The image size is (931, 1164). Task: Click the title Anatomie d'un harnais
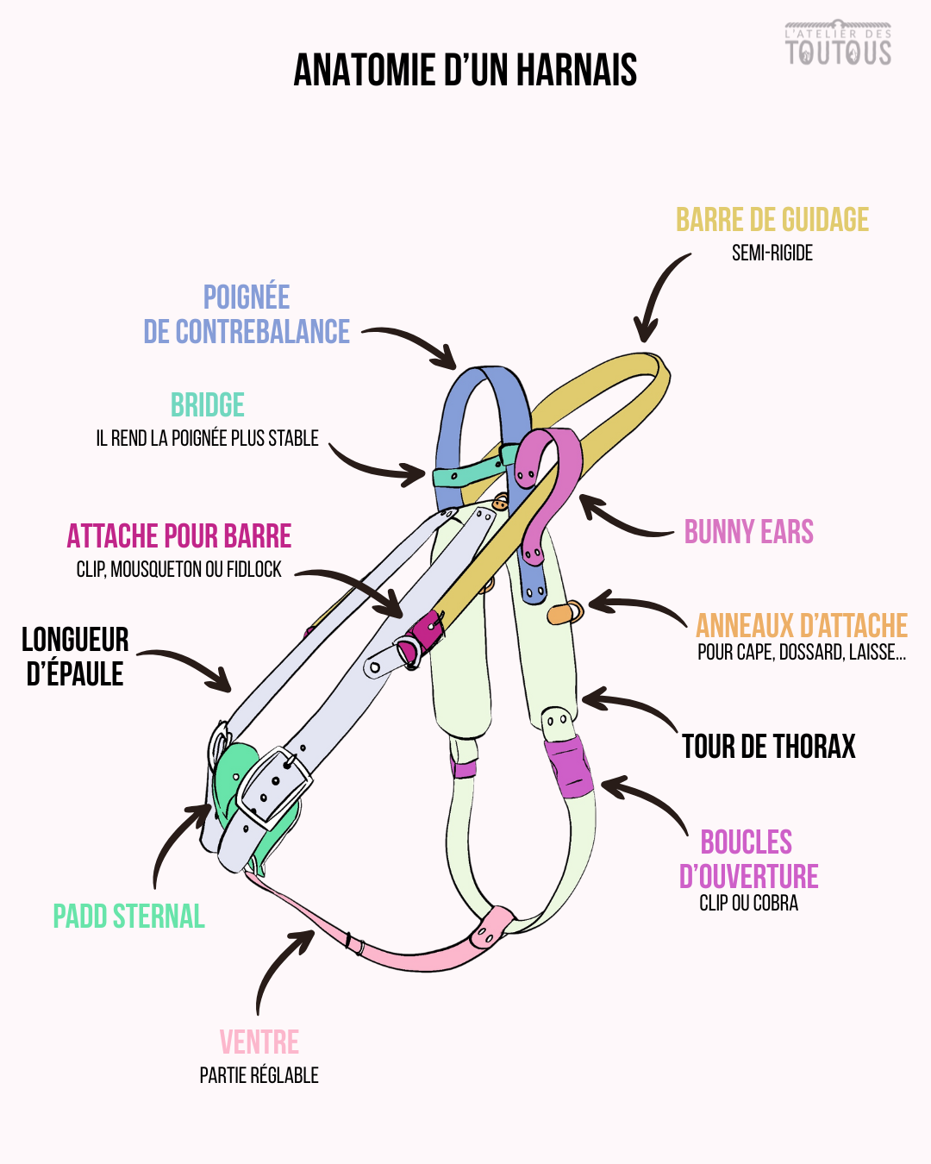click(465, 70)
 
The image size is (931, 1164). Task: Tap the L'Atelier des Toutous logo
click(838, 44)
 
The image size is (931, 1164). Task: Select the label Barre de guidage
click(772, 220)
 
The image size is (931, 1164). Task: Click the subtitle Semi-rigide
click(772, 253)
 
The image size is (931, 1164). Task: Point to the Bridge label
click(208, 405)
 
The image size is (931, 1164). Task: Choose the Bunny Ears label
click(748, 532)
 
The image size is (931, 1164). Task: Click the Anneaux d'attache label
click(802, 625)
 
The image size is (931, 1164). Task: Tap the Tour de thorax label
click(768, 747)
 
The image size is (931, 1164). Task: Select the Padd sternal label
click(128, 916)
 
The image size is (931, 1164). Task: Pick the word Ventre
click(259, 1042)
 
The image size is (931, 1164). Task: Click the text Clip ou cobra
click(748, 904)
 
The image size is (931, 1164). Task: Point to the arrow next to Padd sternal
click(177, 841)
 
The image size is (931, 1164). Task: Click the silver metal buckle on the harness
click(274, 785)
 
